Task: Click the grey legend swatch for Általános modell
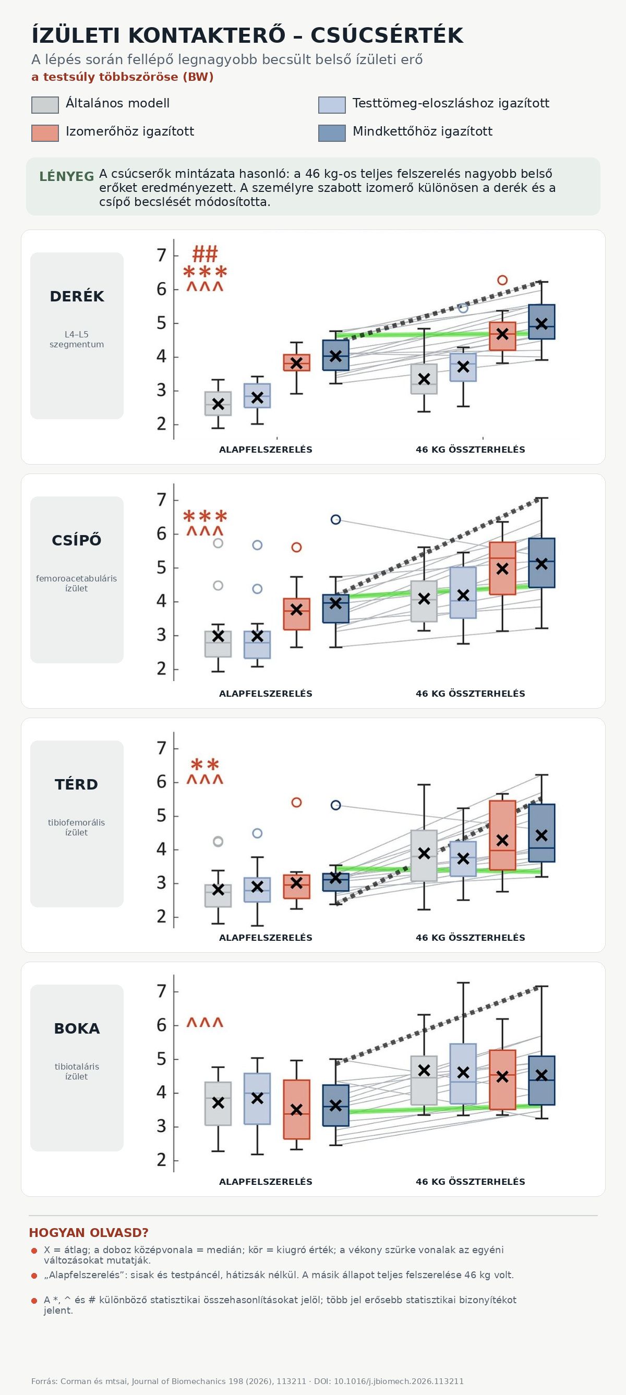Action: pyautogui.click(x=45, y=105)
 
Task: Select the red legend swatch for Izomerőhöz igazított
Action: pyautogui.click(x=45, y=133)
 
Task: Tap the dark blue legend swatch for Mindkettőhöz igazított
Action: pyautogui.click(x=332, y=133)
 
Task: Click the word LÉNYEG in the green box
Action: pyautogui.click(x=67, y=177)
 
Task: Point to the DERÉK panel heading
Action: pyautogui.click(x=77, y=297)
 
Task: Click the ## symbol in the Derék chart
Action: pyautogui.click(x=205, y=253)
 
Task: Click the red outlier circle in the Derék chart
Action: pyautogui.click(x=502, y=280)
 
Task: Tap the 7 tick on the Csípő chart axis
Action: pyautogui.click(x=161, y=500)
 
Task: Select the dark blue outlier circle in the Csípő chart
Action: pyautogui.click(x=336, y=520)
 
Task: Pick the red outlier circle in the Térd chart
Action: pyautogui.click(x=297, y=803)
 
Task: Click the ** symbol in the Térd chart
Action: pyautogui.click(x=205, y=765)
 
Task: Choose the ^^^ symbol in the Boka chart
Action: pyautogui.click(x=205, y=1023)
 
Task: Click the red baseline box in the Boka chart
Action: pyautogui.click(x=297, y=1110)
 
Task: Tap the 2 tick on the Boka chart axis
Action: pyautogui.click(x=161, y=1160)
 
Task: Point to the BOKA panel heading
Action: pyautogui.click(x=77, y=1029)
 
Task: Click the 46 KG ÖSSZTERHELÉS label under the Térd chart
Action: pyautogui.click(x=471, y=938)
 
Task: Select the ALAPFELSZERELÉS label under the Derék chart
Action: pyautogui.click(x=266, y=450)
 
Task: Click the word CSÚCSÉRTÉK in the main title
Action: pyautogui.click(x=387, y=36)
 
